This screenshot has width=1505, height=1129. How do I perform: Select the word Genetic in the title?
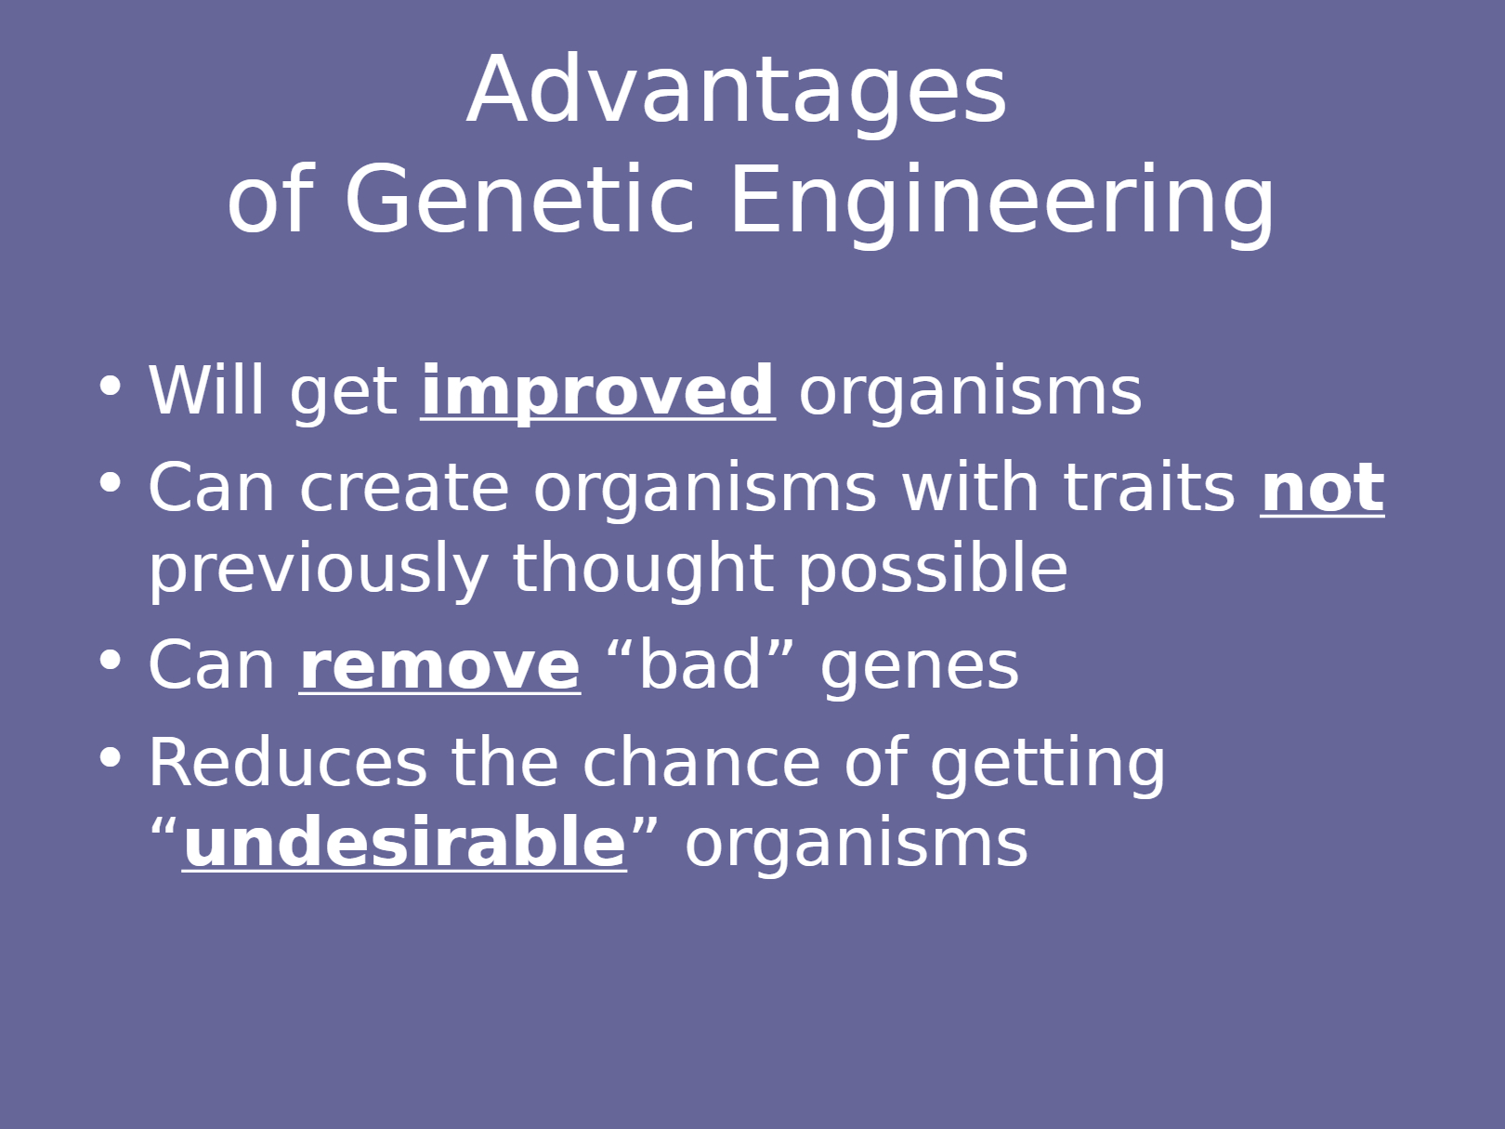[x=519, y=200]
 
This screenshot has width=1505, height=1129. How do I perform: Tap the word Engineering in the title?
[x=1002, y=205]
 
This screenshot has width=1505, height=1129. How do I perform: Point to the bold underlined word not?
[x=1323, y=489]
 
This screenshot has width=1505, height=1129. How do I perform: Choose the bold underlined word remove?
[x=440, y=666]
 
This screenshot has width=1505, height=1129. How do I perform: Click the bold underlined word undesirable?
[x=404, y=842]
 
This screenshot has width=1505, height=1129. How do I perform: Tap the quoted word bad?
[x=700, y=663]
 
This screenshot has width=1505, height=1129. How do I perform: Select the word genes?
[x=920, y=669]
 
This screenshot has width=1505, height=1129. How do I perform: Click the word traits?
[x=1149, y=487]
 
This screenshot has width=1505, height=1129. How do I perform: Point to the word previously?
[x=319, y=570]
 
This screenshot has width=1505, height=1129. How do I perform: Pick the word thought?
[x=644, y=570]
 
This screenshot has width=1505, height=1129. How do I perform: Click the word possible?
[x=934, y=570]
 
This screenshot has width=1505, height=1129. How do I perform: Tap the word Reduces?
[x=288, y=762]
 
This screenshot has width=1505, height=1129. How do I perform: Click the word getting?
[x=1048, y=766]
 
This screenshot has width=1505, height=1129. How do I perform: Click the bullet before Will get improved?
[x=111, y=386]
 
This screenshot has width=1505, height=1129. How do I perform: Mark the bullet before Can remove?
[x=111, y=660]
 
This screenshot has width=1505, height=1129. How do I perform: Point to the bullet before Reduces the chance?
[x=111, y=757]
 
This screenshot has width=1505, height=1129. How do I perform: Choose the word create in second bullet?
[x=404, y=488]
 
